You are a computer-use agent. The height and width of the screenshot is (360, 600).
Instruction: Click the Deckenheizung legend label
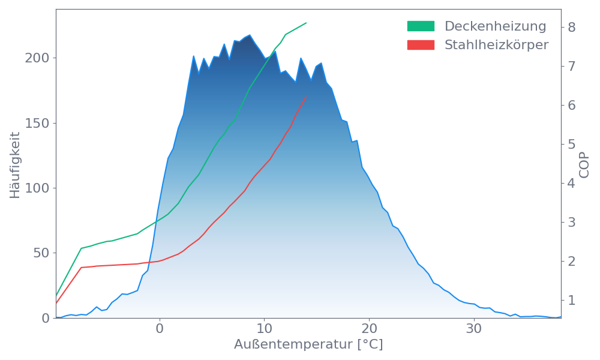(x=495, y=26)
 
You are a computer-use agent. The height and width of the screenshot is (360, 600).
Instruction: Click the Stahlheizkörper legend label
(x=496, y=45)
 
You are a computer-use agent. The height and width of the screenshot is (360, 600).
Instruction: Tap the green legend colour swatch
(x=421, y=26)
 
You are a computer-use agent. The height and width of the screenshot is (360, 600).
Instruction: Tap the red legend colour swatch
(x=421, y=45)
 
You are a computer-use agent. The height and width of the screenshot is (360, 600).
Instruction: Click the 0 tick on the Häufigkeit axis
(x=45, y=318)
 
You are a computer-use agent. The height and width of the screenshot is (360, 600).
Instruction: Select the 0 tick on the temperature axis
(x=160, y=329)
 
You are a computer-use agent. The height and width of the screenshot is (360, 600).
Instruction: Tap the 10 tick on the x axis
(x=264, y=329)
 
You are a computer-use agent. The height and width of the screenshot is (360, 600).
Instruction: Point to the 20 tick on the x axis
(x=369, y=329)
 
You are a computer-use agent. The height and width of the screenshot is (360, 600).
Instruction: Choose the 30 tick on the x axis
(x=474, y=329)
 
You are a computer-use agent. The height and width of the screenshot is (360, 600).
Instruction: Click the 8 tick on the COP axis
(x=571, y=27)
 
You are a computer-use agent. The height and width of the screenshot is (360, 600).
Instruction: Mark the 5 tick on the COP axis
(x=571, y=144)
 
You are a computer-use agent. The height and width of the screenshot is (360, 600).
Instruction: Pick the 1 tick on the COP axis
(x=571, y=300)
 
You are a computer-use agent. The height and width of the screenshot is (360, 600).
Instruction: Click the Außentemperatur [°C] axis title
(x=308, y=345)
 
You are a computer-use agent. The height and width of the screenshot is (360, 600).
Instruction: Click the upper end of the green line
(x=306, y=23)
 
